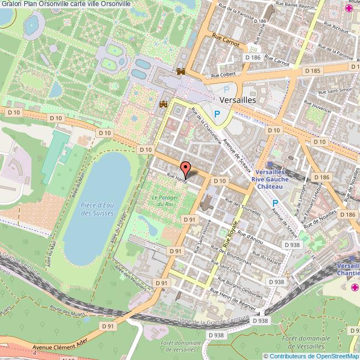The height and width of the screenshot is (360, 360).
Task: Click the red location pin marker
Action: coord(185,167)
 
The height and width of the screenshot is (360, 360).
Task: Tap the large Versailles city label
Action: coord(238,101)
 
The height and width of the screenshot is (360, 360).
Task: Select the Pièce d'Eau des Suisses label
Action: coord(97,209)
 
